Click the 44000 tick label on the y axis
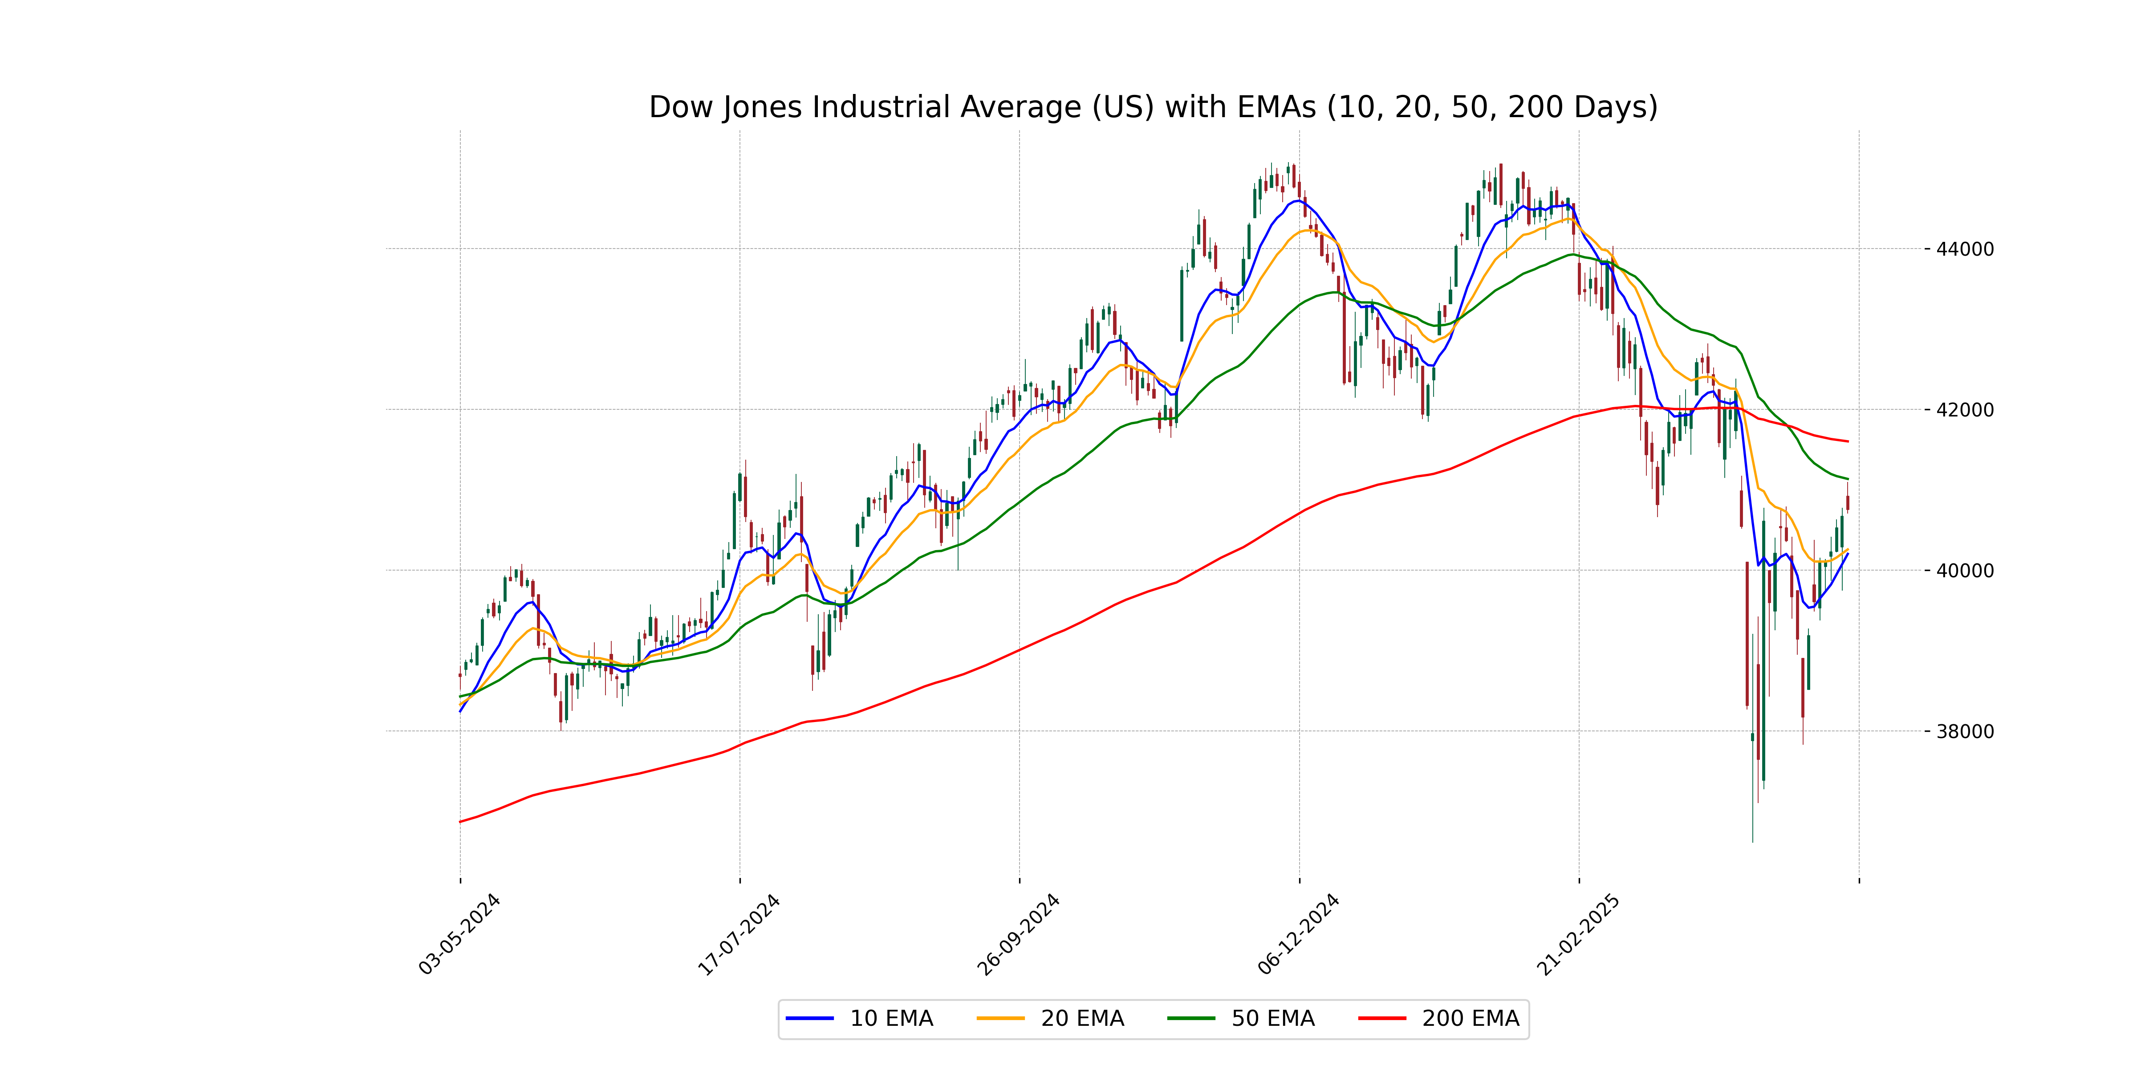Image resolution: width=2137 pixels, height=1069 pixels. (x=1964, y=249)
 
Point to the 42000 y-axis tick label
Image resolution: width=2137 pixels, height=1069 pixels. (x=1964, y=410)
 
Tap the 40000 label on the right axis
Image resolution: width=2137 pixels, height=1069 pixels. (x=1964, y=571)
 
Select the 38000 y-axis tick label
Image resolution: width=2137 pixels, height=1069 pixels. (x=1964, y=732)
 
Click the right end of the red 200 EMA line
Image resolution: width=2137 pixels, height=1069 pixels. (x=1848, y=441)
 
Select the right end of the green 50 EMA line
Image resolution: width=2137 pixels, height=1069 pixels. (x=1848, y=479)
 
